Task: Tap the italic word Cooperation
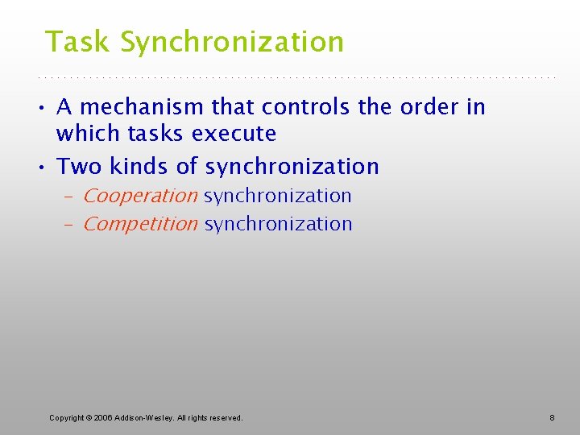pos(139,196)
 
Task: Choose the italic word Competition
pos(139,224)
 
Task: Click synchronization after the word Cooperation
pos(278,196)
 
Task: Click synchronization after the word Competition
pos(279,224)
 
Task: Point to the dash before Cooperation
pos(69,197)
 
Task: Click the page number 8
pos(552,417)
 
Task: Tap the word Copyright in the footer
pos(68,417)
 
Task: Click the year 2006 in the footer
pos(103,417)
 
